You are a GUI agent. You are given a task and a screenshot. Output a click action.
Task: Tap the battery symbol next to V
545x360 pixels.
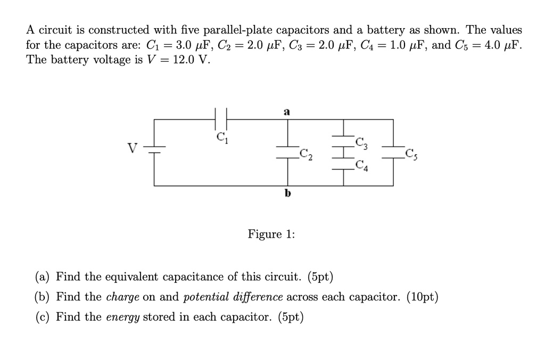point(154,148)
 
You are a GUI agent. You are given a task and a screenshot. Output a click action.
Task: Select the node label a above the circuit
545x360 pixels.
point(287,112)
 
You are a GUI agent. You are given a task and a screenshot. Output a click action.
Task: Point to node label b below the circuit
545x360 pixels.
point(287,193)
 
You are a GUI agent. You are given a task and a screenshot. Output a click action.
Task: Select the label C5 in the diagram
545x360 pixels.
point(411,155)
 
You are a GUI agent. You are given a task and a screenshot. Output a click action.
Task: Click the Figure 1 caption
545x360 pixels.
point(271,235)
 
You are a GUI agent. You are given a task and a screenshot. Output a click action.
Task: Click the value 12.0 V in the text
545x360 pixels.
point(187,60)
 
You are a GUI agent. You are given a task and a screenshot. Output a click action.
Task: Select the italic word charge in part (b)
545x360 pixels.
point(123,297)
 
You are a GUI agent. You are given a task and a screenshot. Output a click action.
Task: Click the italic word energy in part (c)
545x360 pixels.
point(122,317)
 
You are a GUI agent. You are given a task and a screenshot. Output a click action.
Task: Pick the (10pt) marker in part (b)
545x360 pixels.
point(421,297)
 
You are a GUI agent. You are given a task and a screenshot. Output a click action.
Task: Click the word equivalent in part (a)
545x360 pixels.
point(129,277)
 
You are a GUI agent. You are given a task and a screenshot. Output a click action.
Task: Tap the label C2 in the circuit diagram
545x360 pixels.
point(306,155)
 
